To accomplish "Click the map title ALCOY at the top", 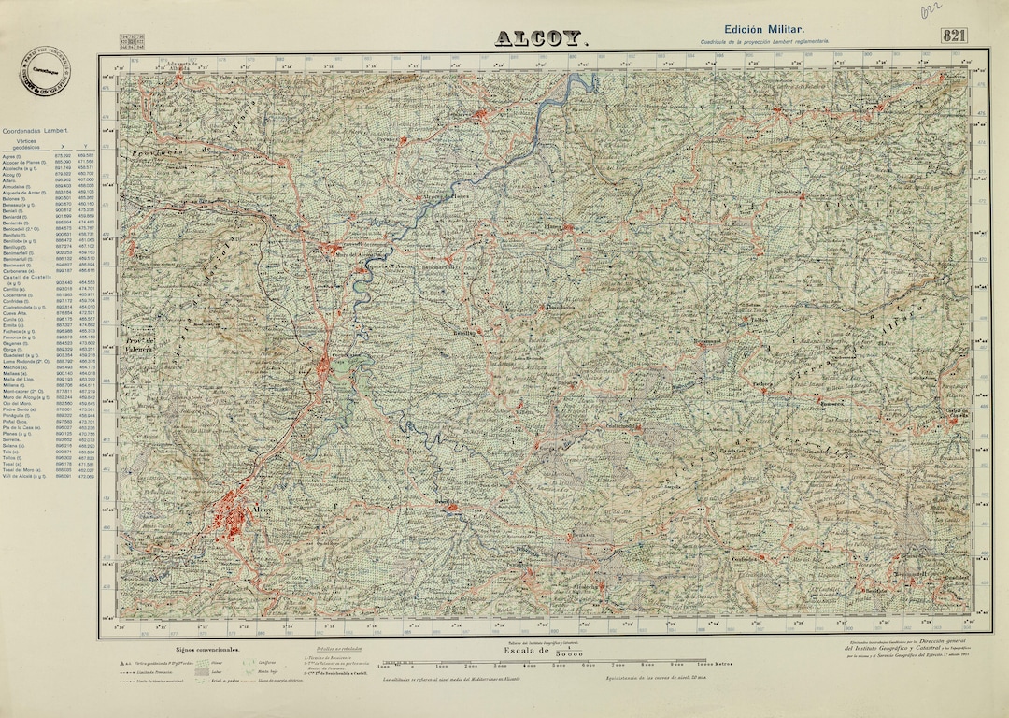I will (541, 38).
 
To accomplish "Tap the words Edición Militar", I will (764, 30).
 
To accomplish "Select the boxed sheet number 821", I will (954, 36).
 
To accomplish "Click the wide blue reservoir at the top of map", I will (585, 83).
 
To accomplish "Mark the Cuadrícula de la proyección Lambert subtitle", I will (764, 42).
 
